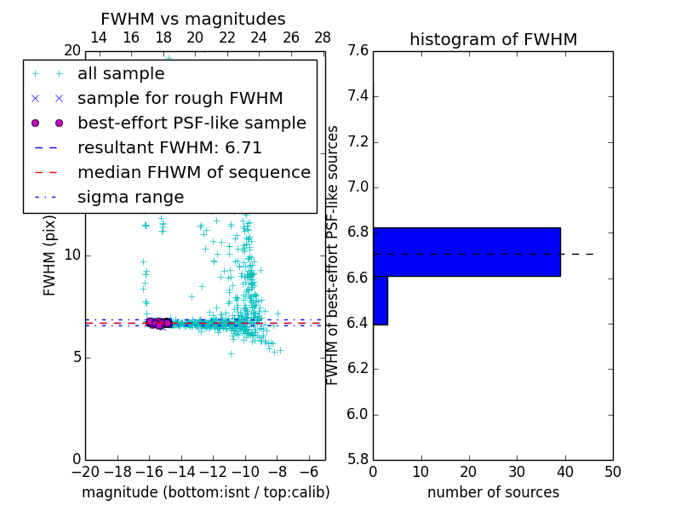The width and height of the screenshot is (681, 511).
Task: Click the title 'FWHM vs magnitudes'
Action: click(x=193, y=20)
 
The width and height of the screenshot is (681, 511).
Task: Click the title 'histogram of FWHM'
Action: click(x=493, y=39)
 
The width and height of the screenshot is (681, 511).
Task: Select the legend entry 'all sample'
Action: click(x=121, y=74)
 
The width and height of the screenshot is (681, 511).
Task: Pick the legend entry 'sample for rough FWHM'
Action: click(x=180, y=99)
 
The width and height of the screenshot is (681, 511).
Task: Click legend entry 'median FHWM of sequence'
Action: click(x=193, y=173)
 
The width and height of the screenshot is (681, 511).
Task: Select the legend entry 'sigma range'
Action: click(x=130, y=198)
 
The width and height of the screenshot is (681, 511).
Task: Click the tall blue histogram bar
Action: click(x=466, y=252)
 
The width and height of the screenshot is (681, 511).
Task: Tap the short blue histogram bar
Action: click(x=381, y=301)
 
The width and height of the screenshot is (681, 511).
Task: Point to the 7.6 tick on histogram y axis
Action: click(x=358, y=51)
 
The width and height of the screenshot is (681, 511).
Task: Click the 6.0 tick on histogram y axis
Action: click(x=358, y=415)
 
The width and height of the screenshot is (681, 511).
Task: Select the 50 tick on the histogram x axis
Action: click(x=612, y=472)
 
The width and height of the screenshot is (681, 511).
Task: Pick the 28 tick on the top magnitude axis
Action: click(x=323, y=37)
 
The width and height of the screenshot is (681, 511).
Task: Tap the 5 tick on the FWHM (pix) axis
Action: click(x=75, y=357)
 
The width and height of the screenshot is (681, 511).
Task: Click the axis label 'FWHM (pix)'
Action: click(x=50, y=255)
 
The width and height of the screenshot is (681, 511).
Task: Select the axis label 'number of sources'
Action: click(x=493, y=492)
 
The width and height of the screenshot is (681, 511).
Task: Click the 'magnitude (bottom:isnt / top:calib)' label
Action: click(x=205, y=492)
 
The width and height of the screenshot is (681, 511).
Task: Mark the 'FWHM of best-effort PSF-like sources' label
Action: click(x=333, y=255)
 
